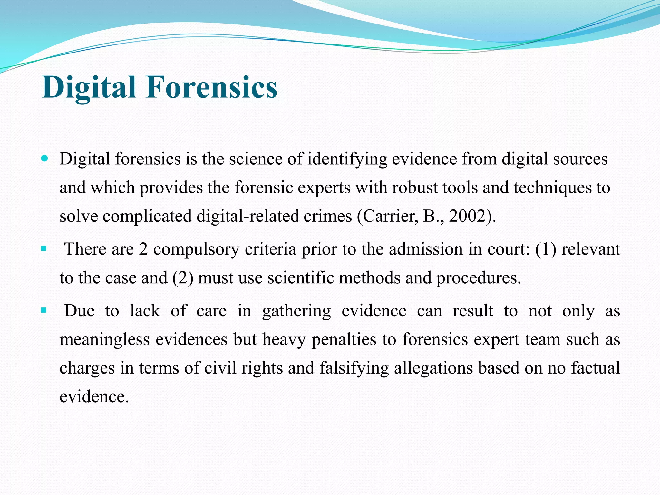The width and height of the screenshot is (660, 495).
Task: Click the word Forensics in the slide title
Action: [211, 87]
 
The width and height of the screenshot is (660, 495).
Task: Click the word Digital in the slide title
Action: [89, 87]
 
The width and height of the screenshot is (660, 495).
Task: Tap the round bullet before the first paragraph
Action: [45, 159]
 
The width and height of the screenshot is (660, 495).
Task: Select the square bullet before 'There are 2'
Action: [44, 249]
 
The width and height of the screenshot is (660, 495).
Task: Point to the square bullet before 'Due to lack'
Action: [44, 311]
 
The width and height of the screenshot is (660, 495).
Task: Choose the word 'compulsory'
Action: [196, 249]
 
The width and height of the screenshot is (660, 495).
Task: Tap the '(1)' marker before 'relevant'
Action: [546, 249]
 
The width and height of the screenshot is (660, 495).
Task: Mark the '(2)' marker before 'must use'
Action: [183, 278]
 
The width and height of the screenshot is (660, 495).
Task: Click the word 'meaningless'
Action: [104, 340]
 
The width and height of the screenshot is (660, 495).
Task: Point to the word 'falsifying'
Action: [354, 368]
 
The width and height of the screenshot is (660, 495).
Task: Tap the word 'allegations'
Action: [433, 368]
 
